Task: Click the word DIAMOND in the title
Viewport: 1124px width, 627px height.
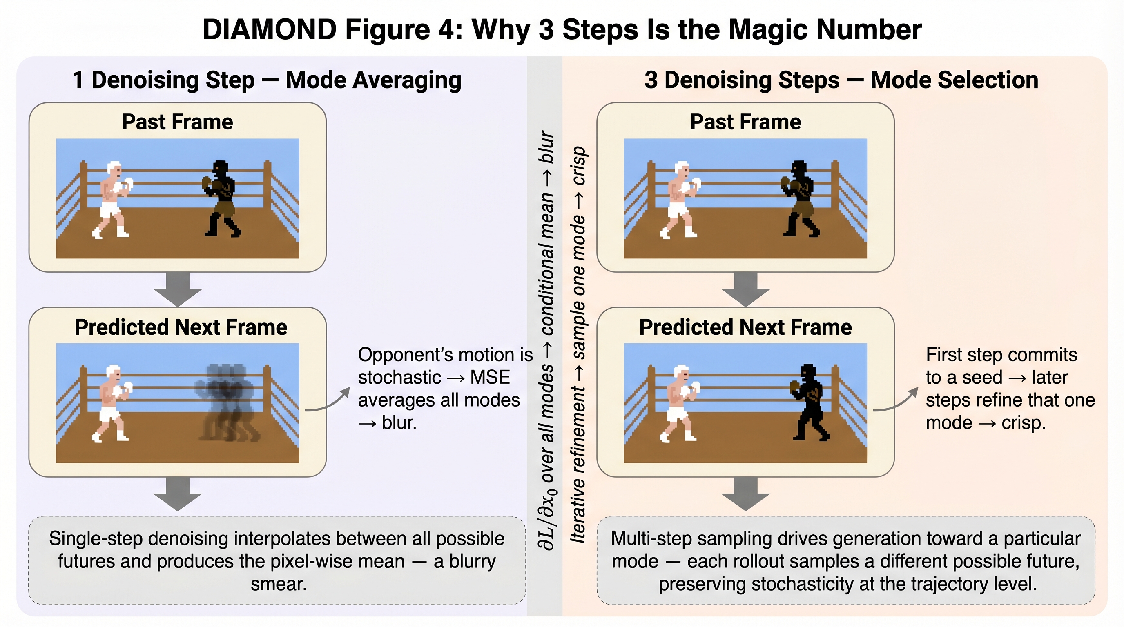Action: [270, 30]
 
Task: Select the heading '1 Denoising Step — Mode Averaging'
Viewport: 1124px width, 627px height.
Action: [267, 80]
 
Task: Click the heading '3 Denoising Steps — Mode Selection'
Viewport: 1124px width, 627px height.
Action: [841, 80]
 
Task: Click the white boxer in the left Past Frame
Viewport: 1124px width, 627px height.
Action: [112, 199]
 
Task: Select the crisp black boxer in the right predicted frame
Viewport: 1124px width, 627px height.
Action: [810, 402]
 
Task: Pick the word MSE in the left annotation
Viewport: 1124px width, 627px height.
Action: [490, 377]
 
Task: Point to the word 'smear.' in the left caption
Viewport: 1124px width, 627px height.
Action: [279, 584]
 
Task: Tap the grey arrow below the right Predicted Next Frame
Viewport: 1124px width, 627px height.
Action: [746, 494]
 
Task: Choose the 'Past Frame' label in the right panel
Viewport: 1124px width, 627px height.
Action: [745, 122]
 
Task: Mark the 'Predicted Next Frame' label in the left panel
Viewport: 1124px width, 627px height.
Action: [181, 327]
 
